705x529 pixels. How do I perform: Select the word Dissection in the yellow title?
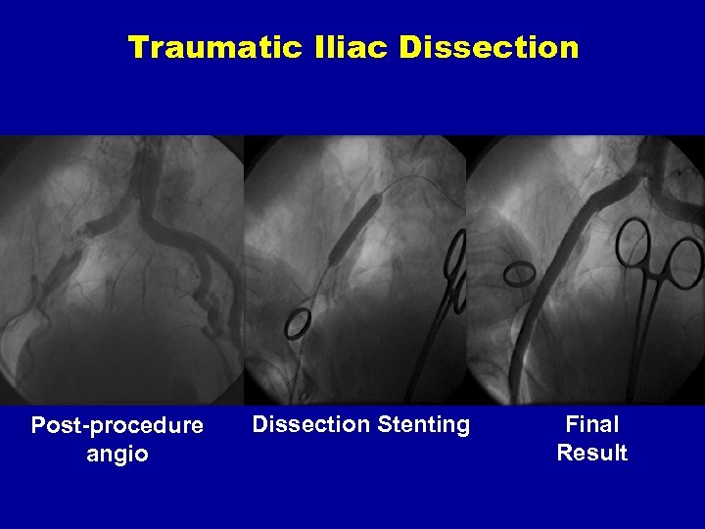tap(489, 46)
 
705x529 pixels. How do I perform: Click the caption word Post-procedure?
tap(117, 426)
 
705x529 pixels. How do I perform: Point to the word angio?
tap(117, 454)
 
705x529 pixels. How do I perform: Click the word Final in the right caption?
tap(592, 424)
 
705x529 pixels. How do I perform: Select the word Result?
tap(592, 453)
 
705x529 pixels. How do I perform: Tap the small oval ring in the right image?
tap(520, 273)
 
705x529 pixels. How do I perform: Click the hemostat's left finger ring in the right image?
tap(634, 240)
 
